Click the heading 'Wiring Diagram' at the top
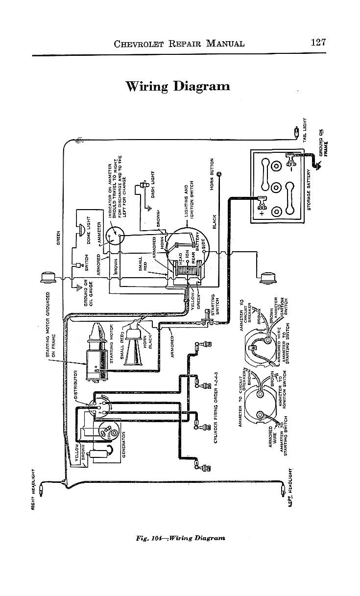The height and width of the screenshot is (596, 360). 178,86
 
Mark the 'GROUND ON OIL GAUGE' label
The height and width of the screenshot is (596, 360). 88,292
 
